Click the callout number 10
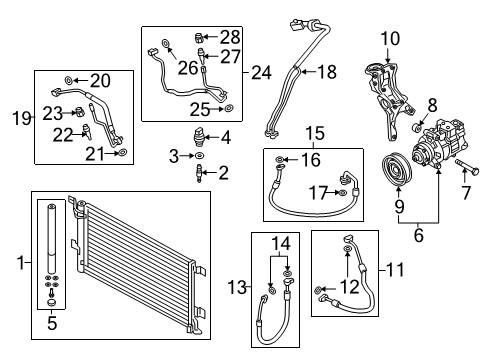tap(390, 39)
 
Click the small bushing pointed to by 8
tap(416, 128)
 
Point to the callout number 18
tap(327, 72)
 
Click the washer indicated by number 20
tap(69, 80)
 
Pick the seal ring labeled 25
tap(229, 108)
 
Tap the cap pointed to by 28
tap(198, 38)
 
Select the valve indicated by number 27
tap(201, 55)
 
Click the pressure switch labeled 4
tap(199, 136)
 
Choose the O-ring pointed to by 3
tap(199, 155)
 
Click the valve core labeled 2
tap(199, 173)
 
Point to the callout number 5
tap(52, 322)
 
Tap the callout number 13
tap(237, 287)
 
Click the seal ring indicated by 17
tap(342, 193)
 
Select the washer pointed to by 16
tap(279, 159)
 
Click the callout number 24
tap(261, 72)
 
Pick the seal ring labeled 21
tap(122, 153)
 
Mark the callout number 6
tap(419, 235)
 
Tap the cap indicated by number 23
tap(79, 112)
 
